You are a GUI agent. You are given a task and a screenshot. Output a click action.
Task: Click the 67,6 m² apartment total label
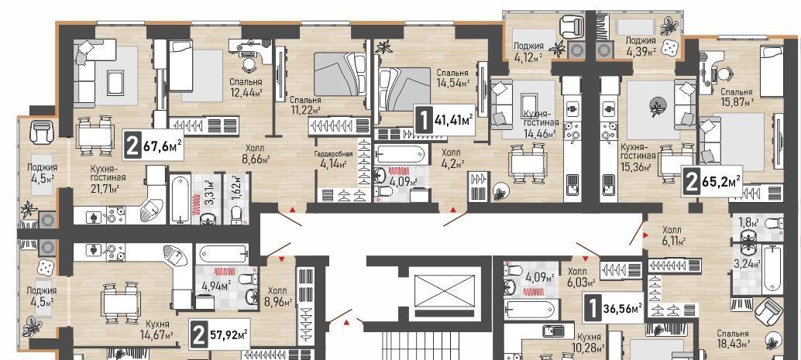[x=153, y=147]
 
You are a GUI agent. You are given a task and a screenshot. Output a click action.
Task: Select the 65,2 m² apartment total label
[x=713, y=181]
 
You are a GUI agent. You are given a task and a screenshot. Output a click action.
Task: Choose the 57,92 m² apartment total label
[x=220, y=335]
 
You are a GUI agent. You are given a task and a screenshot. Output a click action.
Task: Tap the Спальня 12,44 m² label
[x=246, y=87]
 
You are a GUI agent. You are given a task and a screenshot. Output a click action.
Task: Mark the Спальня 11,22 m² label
[x=304, y=105]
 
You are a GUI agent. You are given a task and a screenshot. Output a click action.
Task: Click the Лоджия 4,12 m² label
[x=528, y=51]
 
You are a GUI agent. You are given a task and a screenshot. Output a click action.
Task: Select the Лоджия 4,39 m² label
[x=640, y=46]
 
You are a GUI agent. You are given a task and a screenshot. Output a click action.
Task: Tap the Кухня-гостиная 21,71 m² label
[x=105, y=179]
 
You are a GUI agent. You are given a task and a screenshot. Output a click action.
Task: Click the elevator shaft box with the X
[x=445, y=291]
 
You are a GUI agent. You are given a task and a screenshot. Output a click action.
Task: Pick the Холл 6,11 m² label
[x=673, y=235]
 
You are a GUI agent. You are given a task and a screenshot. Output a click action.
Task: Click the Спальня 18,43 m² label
[x=733, y=338]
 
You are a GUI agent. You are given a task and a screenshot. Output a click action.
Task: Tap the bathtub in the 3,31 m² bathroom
[x=180, y=199]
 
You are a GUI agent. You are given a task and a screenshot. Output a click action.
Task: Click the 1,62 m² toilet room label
[x=236, y=190]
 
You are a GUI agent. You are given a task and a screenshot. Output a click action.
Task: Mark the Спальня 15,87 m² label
[x=737, y=97]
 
